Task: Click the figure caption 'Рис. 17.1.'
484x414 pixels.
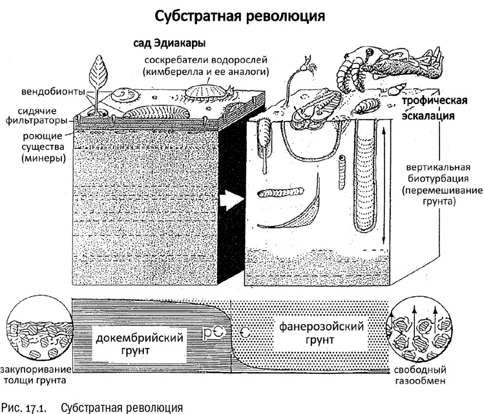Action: point(25,406)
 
